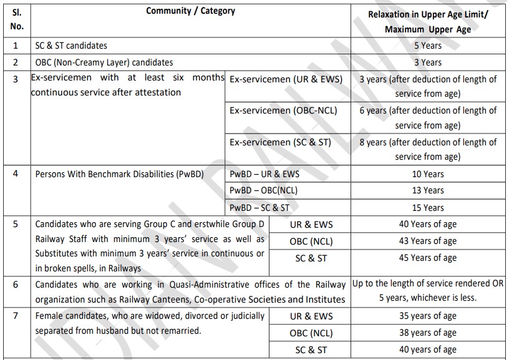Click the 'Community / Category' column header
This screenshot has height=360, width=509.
click(190, 11)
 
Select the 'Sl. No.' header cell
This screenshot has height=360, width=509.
click(17, 19)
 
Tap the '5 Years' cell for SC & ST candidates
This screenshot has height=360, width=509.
click(427, 46)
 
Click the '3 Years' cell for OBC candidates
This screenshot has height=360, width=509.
click(427, 62)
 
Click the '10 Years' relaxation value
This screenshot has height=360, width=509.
click(427, 174)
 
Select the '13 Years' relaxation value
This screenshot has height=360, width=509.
click(427, 190)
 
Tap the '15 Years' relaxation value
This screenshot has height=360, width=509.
click(427, 208)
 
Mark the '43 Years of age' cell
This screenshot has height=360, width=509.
click(427, 241)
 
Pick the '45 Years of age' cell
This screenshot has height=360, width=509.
click(427, 258)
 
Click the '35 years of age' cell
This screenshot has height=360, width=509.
click(427, 316)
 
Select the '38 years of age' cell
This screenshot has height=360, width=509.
click(427, 333)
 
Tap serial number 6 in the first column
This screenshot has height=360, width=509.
click(16, 285)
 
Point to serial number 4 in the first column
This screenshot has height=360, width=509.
click(16, 174)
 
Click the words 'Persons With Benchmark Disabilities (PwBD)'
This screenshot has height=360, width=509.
click(120, 174)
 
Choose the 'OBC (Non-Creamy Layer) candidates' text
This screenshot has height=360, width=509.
click(104, 62)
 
